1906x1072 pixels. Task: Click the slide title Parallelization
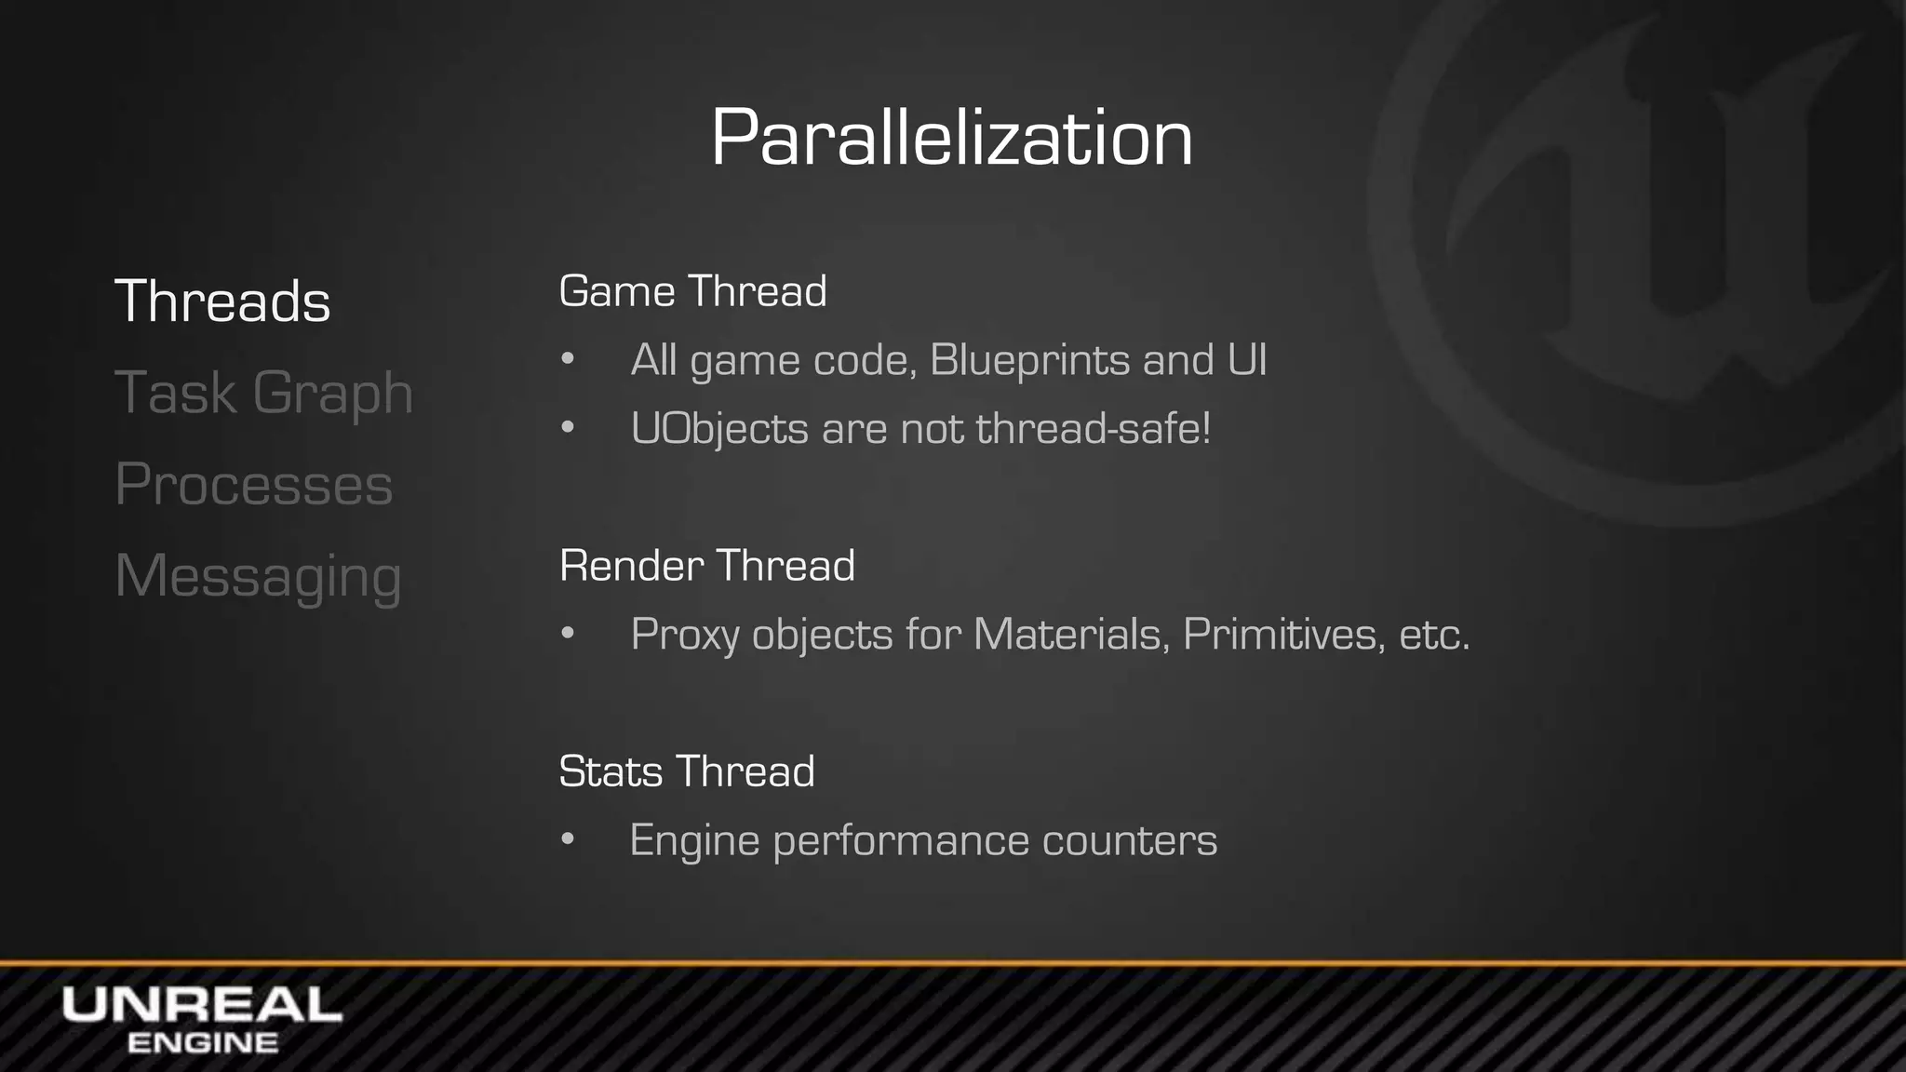point(951,138)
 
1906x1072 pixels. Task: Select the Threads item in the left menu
point(222,301)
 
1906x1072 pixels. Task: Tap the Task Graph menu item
point(263,393)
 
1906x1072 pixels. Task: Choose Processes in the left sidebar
point(253,484)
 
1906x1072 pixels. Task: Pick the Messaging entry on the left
point(258,576)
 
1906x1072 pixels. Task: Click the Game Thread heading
point(692,291)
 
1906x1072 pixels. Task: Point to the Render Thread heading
point(706,566)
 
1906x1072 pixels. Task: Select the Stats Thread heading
point(686,771)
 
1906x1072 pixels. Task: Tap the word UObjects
point(719,429)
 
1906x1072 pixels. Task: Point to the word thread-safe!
point(1094,429)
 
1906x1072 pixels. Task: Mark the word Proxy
point(684,636)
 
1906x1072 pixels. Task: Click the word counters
point(1130,840)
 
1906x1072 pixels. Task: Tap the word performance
point(901,841)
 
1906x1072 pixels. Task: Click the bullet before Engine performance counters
point(568,840)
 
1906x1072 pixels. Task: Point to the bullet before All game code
point(568,360)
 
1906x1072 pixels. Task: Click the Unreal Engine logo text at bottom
point(202,1019)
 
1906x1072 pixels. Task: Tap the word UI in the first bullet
point(1247,360)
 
